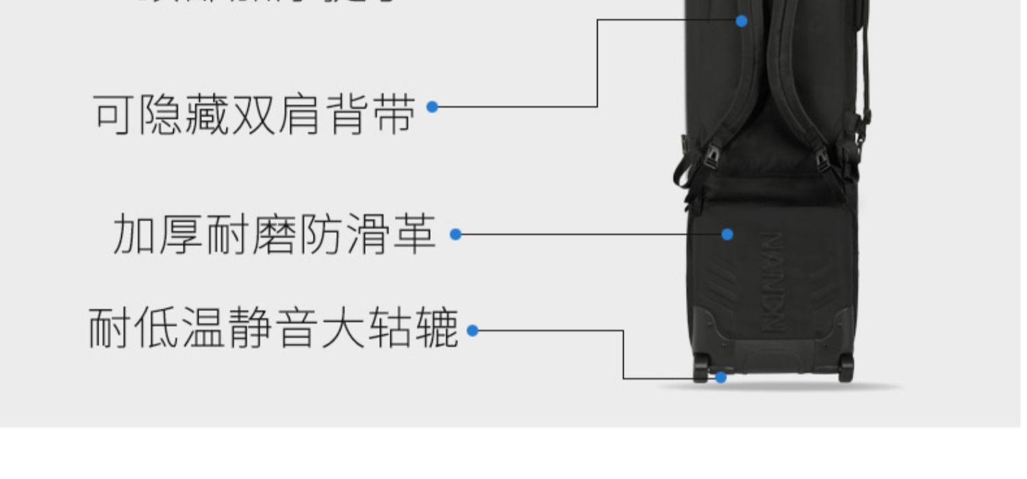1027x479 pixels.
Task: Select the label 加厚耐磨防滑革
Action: point(274,234)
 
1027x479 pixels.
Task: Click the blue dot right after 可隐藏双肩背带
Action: point(432,107)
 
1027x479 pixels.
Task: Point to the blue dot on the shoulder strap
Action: point(741,21)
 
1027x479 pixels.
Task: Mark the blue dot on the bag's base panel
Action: point(727,234)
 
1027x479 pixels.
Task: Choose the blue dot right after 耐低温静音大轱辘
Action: point(472,330)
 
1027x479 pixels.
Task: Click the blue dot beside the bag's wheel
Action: point(720,378)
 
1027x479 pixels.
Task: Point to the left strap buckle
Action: point(711,158)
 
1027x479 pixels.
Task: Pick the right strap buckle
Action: point(822,160)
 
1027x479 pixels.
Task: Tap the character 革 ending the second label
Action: point(414,234)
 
